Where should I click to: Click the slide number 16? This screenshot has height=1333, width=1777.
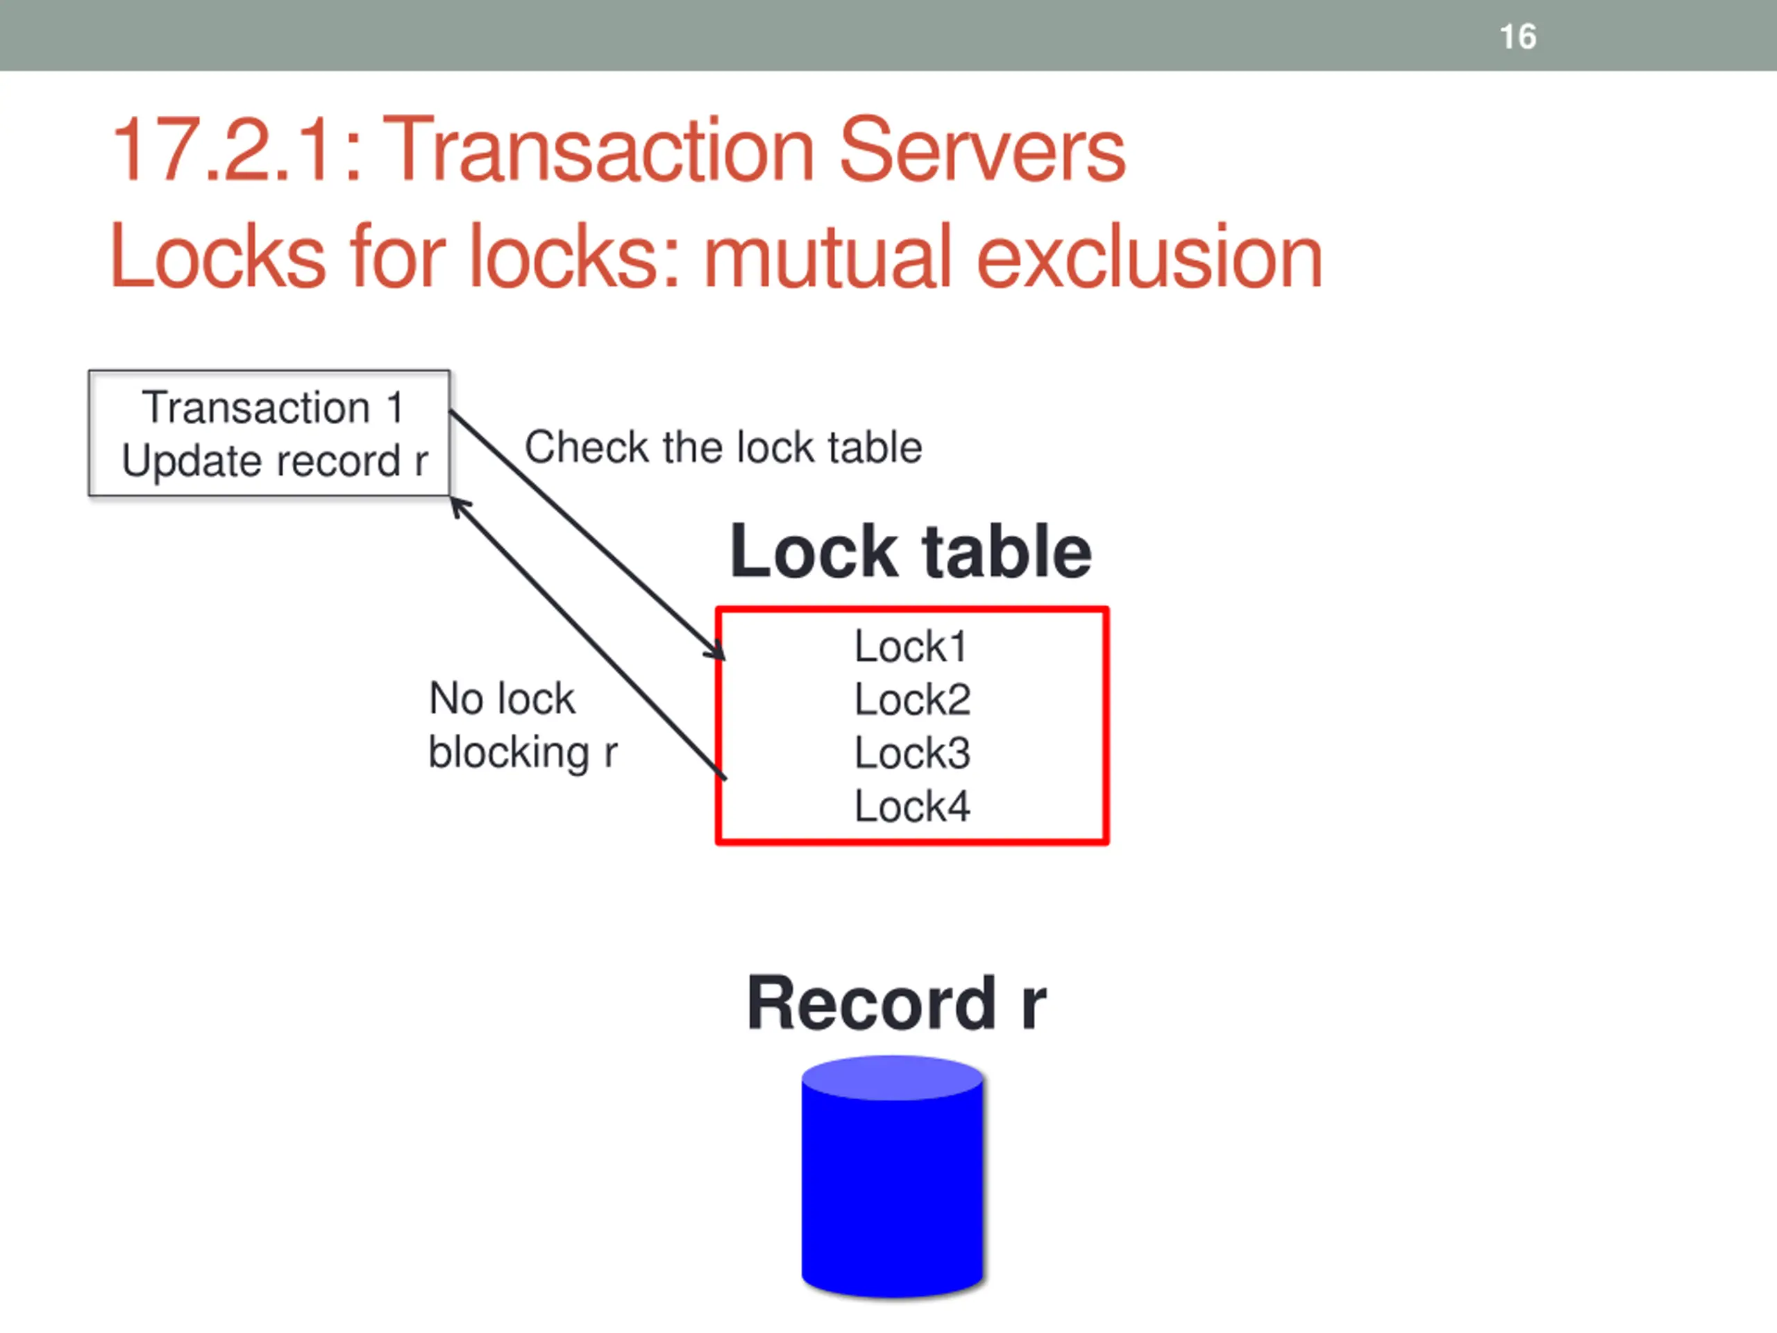[x=1517, y=37]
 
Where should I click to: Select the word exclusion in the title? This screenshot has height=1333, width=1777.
[x=1149, y=257]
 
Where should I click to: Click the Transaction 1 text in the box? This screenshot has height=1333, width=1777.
[x=272, y=408]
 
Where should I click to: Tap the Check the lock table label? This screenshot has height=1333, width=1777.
[x=723, y=448]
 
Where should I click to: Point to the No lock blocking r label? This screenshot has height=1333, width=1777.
[x=522, y=726]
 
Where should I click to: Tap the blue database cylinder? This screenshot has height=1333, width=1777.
[x=892, y=1177]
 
